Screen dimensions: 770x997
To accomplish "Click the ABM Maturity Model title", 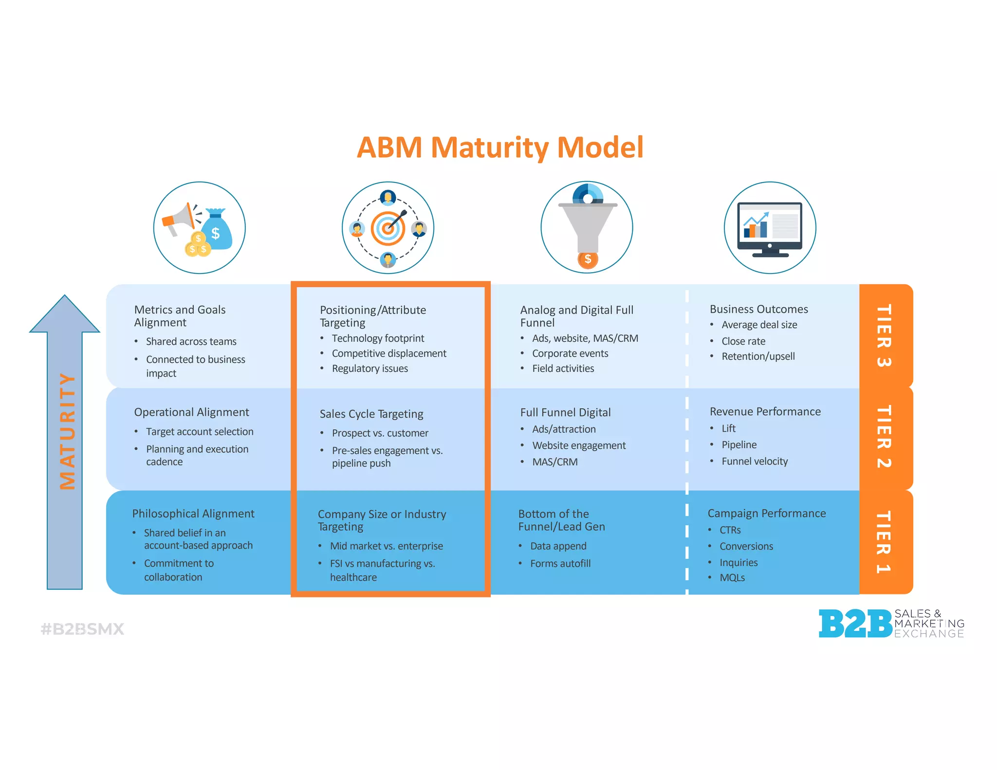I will (500, 147).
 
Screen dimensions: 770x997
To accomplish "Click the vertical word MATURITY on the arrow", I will (67, 431).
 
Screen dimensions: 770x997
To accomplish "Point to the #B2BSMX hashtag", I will (82, 629).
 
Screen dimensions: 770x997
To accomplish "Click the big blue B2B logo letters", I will (855, 623).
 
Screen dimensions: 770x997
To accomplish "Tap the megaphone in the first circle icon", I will (178, 220).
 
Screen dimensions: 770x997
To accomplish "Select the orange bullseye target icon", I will (388, 228).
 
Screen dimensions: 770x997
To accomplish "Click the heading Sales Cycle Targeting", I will (371, 414).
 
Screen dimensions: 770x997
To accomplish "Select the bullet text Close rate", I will (743, 341).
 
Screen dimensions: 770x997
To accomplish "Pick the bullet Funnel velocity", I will (754, 461).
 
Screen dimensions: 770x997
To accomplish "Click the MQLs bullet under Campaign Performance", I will (732, 578).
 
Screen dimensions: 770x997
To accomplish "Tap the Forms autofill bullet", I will (560, 564).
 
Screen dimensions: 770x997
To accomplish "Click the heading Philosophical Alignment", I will (193, 513).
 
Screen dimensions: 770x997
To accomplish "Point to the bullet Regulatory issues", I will (369, 368).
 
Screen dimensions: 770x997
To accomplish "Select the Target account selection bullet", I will (200, 432).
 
